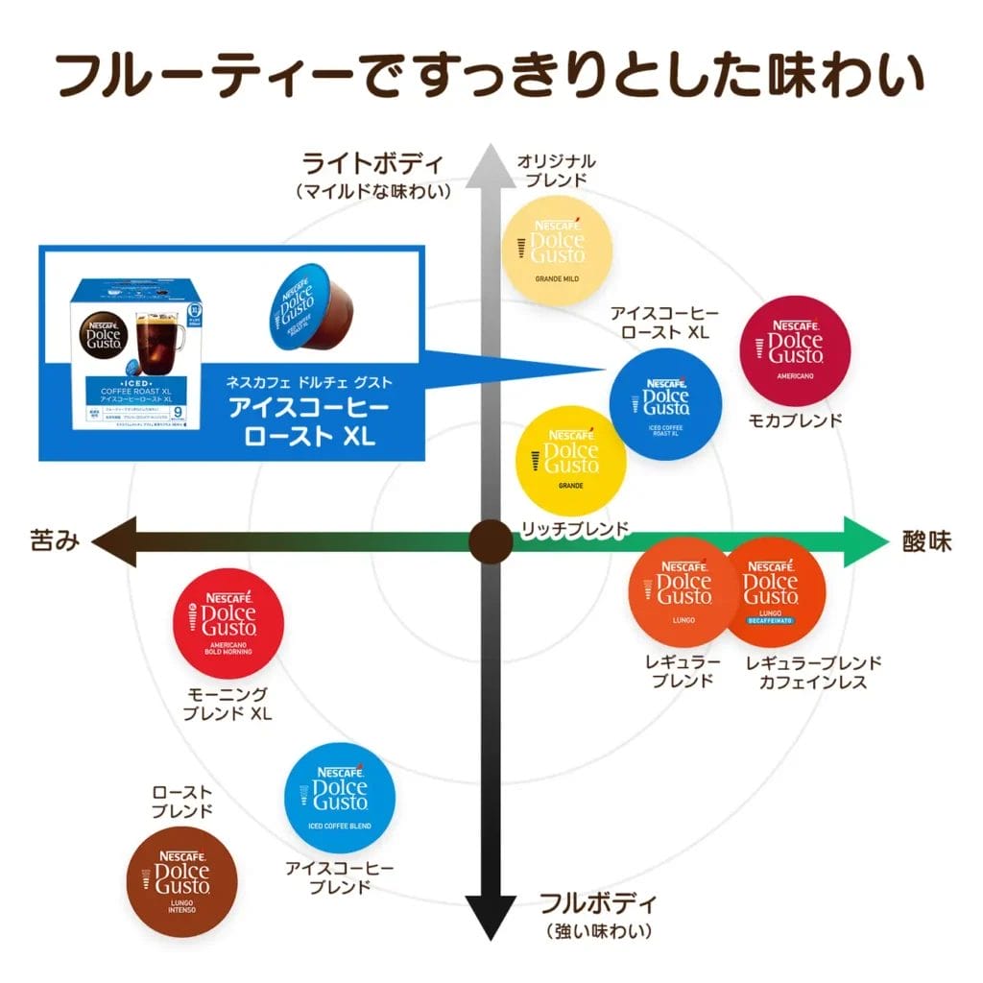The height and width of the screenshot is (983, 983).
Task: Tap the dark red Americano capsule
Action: pyautogui.click(x=796, y=351)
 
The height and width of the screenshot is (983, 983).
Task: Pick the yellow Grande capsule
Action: pyautogui.click(x=571, y=460)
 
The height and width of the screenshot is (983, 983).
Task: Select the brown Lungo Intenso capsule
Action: pyautogui.click(x=182, y=881)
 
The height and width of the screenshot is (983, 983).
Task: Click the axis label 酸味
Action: pyautogui.click(x=927, y=541)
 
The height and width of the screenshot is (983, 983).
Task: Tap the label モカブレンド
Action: pyautogui.click(x=796, y=420)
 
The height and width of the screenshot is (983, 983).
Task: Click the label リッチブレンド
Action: pyautogui.click(x=574, y=529)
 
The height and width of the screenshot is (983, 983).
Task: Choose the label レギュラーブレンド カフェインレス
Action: pyautogui.click(x=813, y=672)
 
